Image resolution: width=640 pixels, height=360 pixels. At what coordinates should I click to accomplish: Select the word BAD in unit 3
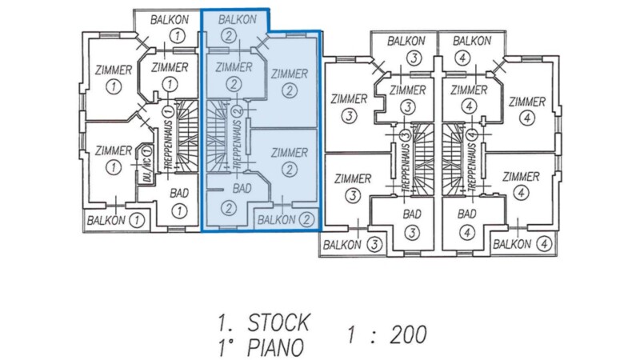pyautogui.click(x=412, y=214)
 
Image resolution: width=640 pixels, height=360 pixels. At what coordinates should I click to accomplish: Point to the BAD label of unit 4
pyautogui.click(x=467, y=214)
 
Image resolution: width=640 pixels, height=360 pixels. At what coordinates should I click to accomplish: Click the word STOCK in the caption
pyautogui.click(x=278, y=322)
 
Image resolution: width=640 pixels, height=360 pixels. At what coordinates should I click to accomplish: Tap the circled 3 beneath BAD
pyautogui.click(x=412, y=233)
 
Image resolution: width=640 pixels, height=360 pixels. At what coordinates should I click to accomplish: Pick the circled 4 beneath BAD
pyautogui.click(x=467, y=233)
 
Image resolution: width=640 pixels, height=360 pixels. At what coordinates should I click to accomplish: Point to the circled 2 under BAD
pyautogui.click(x=230, y=208)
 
